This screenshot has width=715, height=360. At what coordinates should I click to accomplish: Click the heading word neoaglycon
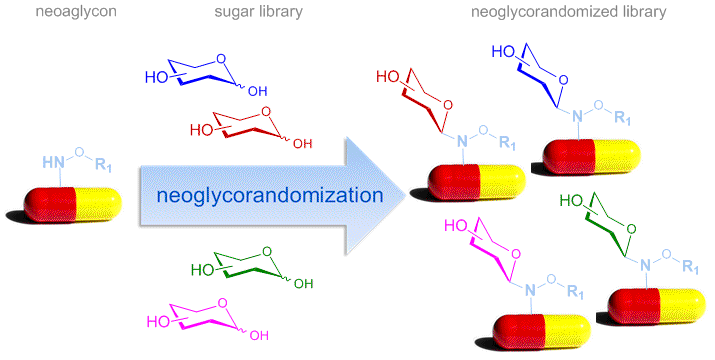pos(76,11)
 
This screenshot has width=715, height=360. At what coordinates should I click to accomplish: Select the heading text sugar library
pos(259,11)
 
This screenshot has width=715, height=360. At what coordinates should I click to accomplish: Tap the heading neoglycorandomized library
pos(569,11)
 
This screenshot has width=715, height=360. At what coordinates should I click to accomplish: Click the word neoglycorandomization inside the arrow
pos(270,195)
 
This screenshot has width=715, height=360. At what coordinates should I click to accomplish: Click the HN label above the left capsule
pos(53,162)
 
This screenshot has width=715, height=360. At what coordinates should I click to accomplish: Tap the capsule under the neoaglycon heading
pos(73,205)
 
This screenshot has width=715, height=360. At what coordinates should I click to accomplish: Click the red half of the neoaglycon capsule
pos(49,205)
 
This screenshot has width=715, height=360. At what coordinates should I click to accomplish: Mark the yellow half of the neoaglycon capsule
pos(99,205)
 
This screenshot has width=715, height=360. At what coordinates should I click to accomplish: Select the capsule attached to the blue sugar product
pos(591,157)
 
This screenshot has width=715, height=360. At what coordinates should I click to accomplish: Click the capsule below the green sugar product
pos(657,306)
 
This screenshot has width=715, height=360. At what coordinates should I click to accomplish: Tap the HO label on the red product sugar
pos(388,77)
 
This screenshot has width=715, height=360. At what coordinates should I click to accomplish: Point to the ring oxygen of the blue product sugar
pos(564,80)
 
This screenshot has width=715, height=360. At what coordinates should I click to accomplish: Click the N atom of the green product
pos(646,265)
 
